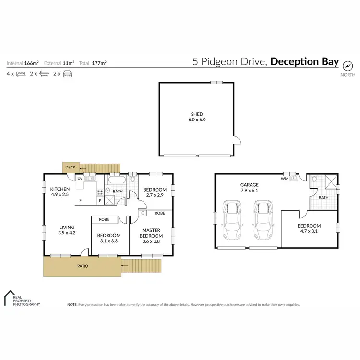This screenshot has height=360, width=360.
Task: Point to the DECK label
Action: tap(70, 167)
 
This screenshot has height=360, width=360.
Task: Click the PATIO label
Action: tap(83, 265)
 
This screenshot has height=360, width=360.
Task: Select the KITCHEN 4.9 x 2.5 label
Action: tap(60, 192)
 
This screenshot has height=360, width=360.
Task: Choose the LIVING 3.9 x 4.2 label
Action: tap(66, 230)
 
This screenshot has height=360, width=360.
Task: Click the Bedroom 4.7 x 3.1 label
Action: tap(309, 228)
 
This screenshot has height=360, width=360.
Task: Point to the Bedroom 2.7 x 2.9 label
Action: tap(155, 192)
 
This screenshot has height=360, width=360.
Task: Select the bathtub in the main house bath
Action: tap(117, 180)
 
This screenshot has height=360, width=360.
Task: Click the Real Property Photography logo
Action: tap(22, 299)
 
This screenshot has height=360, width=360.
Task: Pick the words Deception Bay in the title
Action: tap(304, 62)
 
